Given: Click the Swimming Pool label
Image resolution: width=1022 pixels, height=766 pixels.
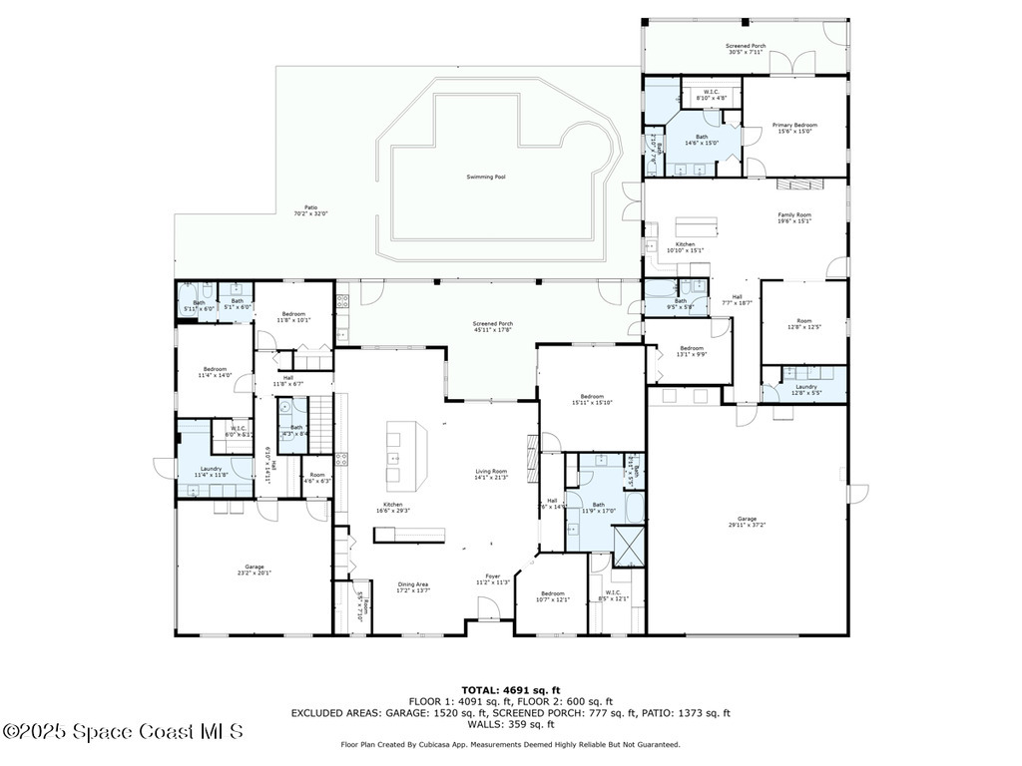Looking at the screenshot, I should pyautogui.click(x=486, y=177).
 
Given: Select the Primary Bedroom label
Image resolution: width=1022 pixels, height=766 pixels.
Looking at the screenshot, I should pyautogui.click(x=794, y=128).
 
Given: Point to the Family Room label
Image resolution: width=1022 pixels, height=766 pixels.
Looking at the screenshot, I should pyautogui.click(x=794, y=217).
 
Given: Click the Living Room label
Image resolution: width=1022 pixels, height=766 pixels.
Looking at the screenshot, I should pyautogui.click(x=491, y=474).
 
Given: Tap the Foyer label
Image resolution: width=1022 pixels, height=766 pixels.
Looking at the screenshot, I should pyautogui.click(x=493, y=578).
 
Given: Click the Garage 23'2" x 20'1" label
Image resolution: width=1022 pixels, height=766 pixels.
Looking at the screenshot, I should pyautogui.click(x=255, y=570).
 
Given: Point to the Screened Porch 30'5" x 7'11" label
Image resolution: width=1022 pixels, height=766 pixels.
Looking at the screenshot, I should pyautogui.click(x=746, y=50).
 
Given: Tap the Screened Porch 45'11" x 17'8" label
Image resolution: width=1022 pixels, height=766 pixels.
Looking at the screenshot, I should pyautogui.click(x=493, y=327).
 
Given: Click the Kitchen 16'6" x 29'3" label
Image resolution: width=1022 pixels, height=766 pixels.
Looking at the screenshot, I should pyautogui.click(x=393, y=508).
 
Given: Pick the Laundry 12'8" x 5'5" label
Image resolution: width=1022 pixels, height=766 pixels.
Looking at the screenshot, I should pyautogui.click(x=805, y=389).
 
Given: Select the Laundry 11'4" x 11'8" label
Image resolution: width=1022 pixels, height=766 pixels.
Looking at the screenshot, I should pyautogui.click(x=211, y=472).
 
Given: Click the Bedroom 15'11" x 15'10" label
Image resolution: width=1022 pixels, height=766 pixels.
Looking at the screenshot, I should pyautogui.click(x=592, y=399).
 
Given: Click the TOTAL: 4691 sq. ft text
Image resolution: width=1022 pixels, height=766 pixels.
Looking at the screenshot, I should pyautogui.click(x=511, y=690).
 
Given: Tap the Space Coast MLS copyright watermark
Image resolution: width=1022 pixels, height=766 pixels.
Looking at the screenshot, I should pyautogui.click(x=122, y=732).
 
